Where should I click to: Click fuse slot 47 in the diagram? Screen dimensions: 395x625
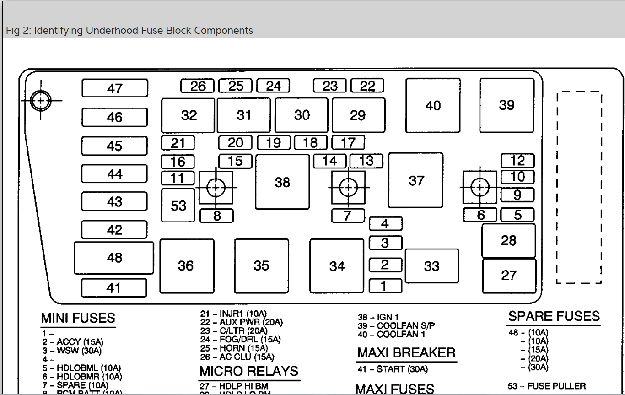tap(115, 88)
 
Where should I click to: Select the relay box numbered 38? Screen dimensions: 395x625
tap(282, 182)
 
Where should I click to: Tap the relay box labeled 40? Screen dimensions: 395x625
tap(433, 106)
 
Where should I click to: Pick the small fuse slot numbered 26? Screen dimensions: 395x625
tap(197, 86)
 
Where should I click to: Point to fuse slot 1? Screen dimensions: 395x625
tap(385, 286)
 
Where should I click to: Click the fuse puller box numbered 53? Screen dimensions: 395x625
tap(178, 206)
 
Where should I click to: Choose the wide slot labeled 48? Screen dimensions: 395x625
tap(114, 258)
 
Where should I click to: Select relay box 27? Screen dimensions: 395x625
tap(509, 276)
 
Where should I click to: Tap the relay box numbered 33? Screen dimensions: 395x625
tap(431, 266)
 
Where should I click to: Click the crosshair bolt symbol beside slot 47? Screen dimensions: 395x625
tap(41, 100)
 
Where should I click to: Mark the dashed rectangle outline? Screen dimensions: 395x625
tap(579, 187)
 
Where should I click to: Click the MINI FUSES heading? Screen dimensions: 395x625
tap(78, 318)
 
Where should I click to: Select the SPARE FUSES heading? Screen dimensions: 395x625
tap(554, 316)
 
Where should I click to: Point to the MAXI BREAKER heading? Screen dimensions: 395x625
tap(406, 353)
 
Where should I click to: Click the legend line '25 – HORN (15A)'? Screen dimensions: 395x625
tap(234, 348)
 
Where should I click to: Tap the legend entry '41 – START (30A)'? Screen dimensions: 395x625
tap(393, 369)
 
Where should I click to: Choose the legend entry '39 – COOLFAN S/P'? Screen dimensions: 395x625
tap(396, 325)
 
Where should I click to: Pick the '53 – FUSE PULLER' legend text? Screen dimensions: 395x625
tap(546, 386)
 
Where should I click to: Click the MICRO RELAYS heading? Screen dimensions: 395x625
tap(249, 371)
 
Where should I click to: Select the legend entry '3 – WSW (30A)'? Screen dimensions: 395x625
tap(72, 351)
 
